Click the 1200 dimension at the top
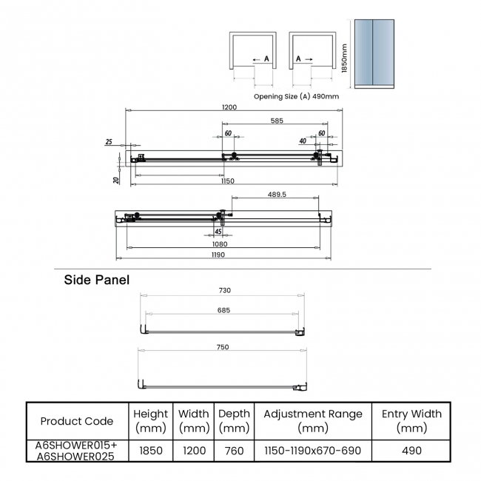coord(229,107)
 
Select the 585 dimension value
coord(276,120)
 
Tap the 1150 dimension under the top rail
coord(227,181)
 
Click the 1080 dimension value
coord(220,244)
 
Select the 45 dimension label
coord(218,232)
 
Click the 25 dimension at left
coord(109,141)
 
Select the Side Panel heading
coord(96,280)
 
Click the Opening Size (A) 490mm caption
coord(296,96)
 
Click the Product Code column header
coord(77,421)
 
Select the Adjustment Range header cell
coord(312,421)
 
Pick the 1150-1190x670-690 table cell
coord(312,451)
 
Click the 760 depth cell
coord(234,451)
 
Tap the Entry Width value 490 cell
coord(411,451)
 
